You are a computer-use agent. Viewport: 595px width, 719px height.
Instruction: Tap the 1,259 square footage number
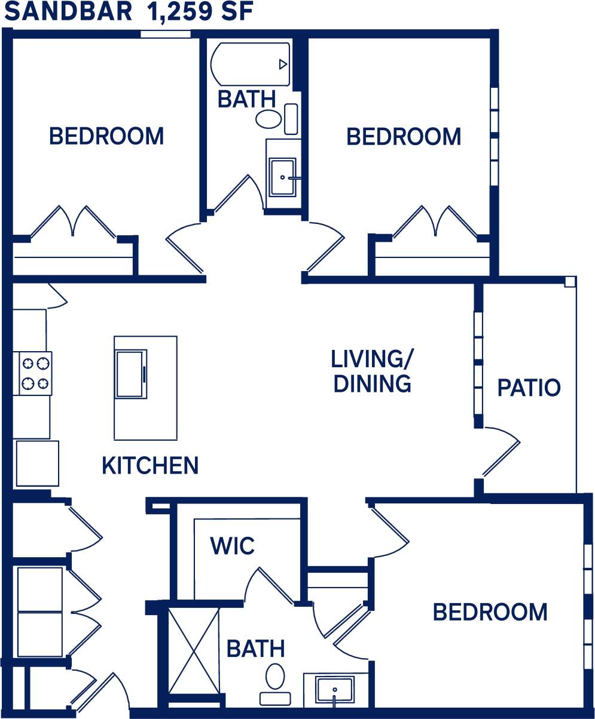(x=176, y=12)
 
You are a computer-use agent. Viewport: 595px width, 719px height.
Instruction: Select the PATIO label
(x=529, y=388)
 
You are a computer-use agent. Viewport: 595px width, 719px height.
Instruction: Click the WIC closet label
(x=233, y=545)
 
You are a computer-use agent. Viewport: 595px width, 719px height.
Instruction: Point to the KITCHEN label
(x=150, y=465)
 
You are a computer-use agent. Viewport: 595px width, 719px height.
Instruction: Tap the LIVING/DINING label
(x=372, y=371)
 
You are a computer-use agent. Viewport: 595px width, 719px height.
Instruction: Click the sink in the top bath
(x=282, y=177)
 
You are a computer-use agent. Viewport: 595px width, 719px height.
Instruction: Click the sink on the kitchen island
(x=131, y=374)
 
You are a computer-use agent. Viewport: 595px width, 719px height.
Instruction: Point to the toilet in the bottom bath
(x=275, y=681)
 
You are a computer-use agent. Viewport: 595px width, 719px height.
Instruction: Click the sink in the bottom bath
(x=334, y=690)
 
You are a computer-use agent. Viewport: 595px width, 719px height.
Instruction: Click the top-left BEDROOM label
(x=106, y=136)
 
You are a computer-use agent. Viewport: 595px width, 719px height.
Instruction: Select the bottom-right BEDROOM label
(x=490, y=612)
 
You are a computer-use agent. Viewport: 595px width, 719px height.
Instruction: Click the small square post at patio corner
(x=570, y=281)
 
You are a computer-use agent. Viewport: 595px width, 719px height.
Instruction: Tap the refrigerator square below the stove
(x=37, y=463)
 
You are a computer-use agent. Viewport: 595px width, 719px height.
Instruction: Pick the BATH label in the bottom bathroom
(x=255, y=649)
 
